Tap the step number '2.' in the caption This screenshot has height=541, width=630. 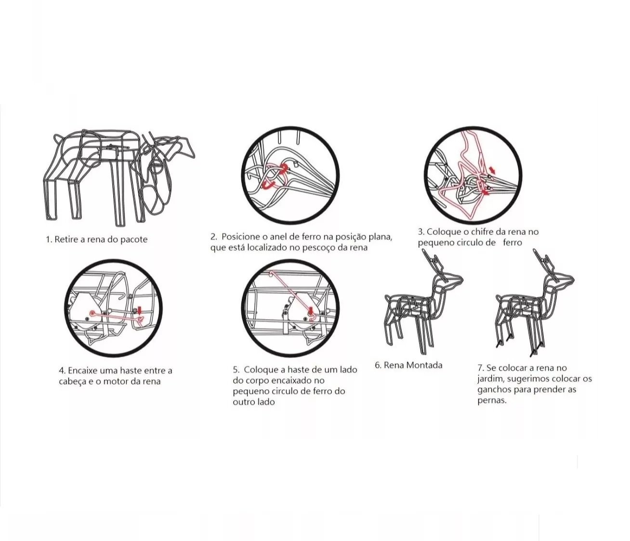(x=213, y=236)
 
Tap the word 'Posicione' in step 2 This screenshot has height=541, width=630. (x=240, y=236)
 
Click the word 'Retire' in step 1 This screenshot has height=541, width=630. (x=66, y=239)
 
